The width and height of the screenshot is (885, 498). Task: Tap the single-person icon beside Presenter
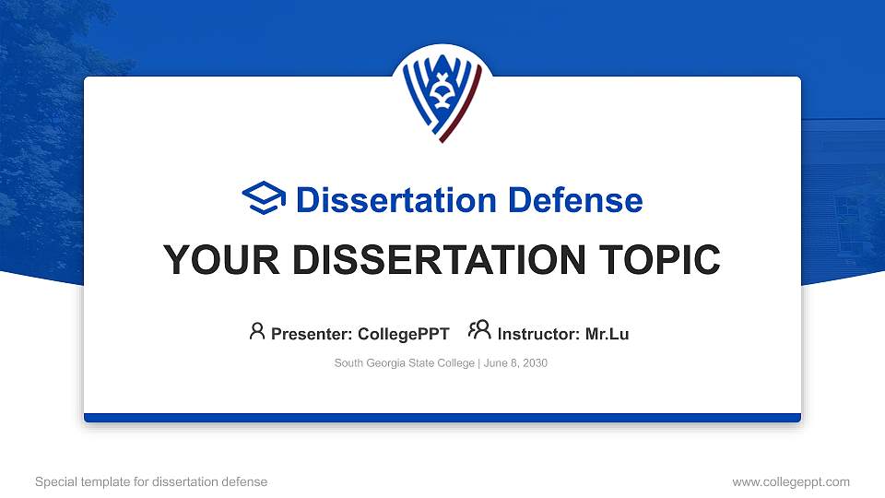point(257,331)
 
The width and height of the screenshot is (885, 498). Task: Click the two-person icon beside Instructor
point(479,331)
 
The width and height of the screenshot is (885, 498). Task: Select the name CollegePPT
point(404,334)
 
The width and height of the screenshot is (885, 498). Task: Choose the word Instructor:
point(539,334)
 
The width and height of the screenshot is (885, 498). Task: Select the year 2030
point(535,363)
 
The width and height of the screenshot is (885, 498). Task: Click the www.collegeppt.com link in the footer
point(791,481)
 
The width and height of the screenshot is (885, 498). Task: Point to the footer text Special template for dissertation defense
point(151,481)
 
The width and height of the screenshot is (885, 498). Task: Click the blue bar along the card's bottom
point(442,418)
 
